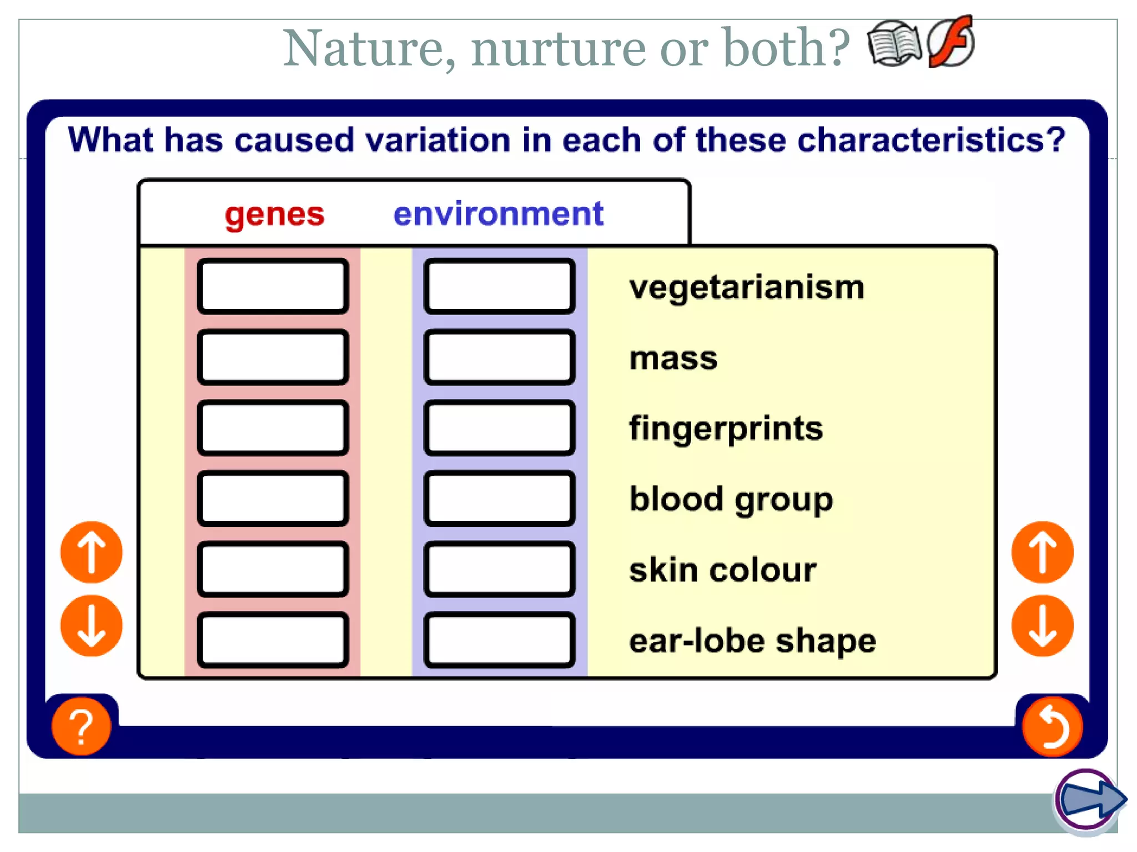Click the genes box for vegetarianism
(x=273, y=286)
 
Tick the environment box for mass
(x=499, y=357)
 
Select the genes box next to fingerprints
(x=273, y=428)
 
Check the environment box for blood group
(x=499, y=498)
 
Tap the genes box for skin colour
(x=273, y=569)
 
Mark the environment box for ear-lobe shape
(x=499, y=640)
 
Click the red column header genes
(x=274, y=214)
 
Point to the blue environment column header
(x=498, y=214)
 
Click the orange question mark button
(x=81, y=726)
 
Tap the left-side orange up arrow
(x=91, y=552)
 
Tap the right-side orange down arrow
(x=1042, y=626)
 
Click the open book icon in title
(x=893, y=44)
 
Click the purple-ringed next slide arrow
(x=1089, y=800)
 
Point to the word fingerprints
(x=726, y=429)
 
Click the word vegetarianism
(x=747, y=288)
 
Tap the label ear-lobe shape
(x=752, y=641)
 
